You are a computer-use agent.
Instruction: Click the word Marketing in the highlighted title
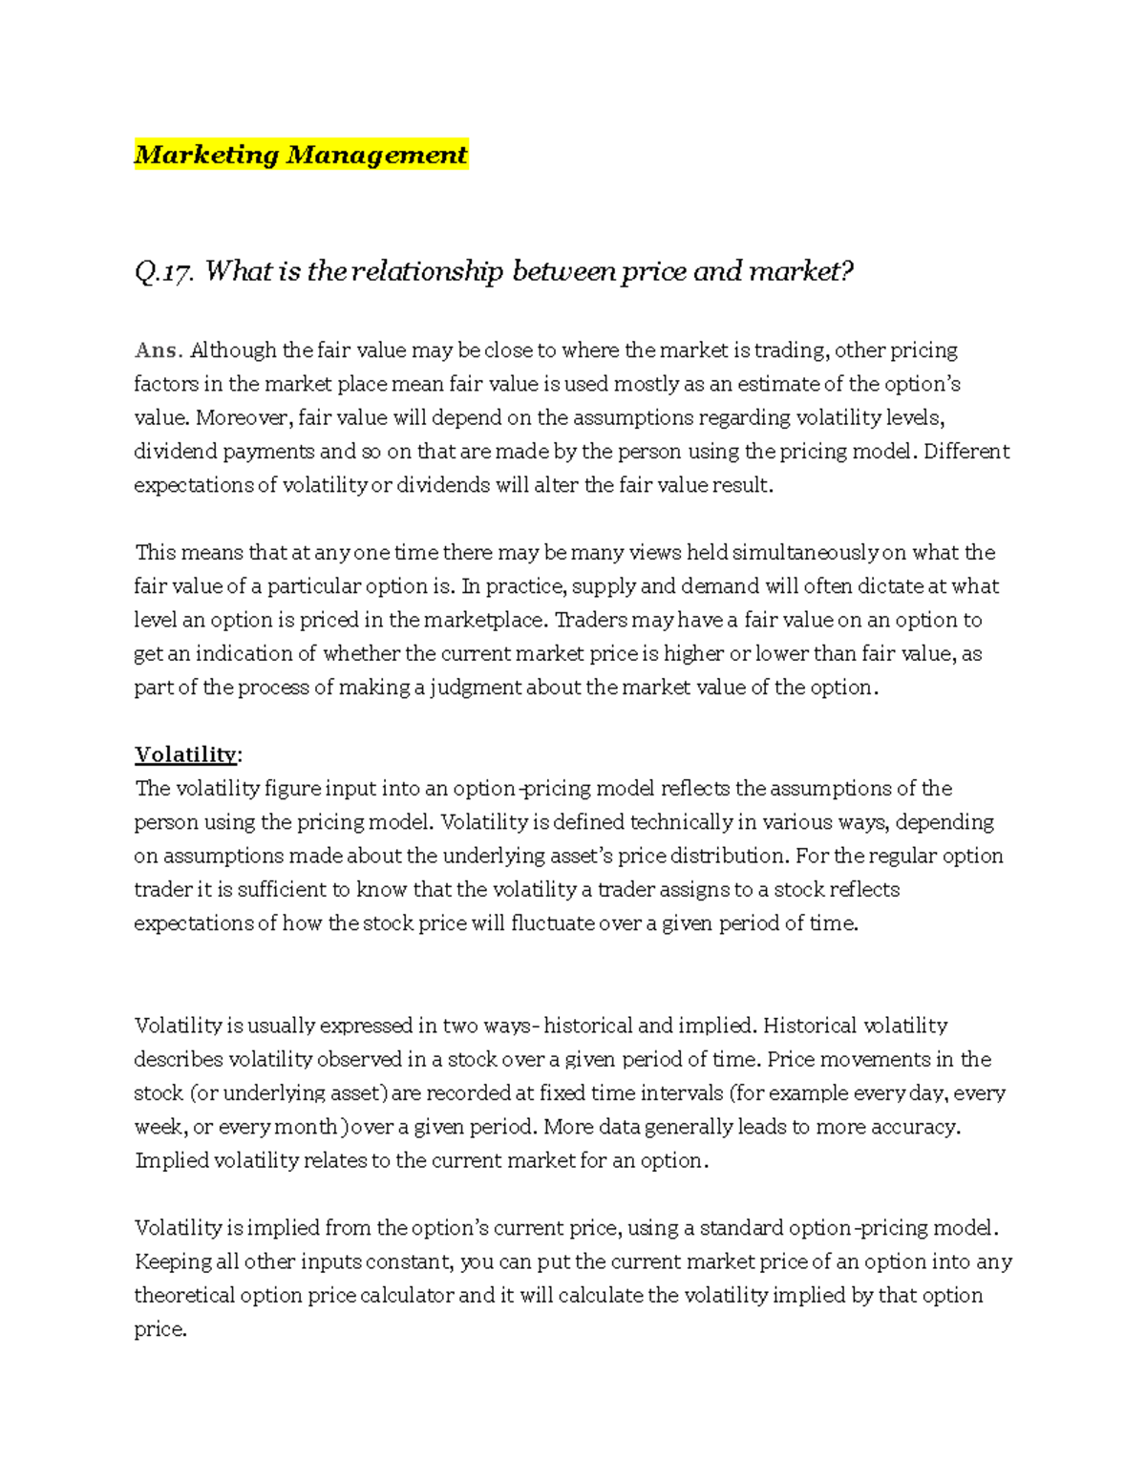(x=206, y=155)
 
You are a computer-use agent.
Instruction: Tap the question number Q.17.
(x=164, y=272)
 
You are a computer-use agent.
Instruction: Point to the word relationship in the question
(x=427, y=272)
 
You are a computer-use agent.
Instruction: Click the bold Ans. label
(x=158, y=350)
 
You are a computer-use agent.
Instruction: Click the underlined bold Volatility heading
(x=185, y=754)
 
